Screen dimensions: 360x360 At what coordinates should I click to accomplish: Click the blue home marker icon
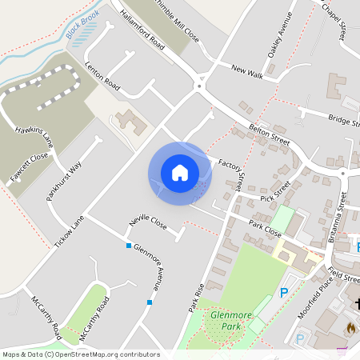pos(180,172)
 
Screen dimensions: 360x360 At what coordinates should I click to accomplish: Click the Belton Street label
pos(269,133)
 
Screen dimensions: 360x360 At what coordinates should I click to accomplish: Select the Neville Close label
pos(148,223)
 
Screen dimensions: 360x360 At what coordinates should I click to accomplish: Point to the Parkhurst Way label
pos(65,183)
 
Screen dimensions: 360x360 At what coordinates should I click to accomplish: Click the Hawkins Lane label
pos(33,136)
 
